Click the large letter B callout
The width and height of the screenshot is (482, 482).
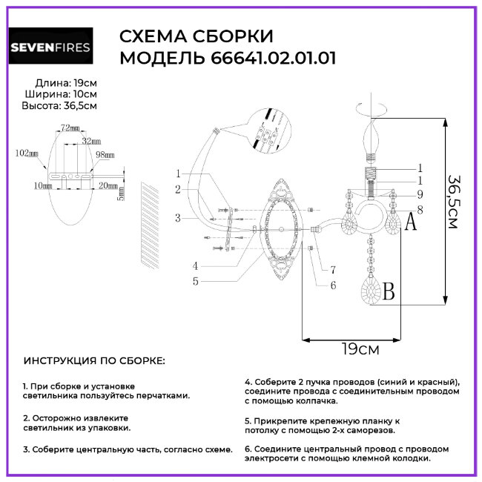coord(387,293)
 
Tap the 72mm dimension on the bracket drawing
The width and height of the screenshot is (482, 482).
coord(70,128)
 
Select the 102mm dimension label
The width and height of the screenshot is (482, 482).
coord(26,153)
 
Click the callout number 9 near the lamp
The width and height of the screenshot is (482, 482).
coord(419,194)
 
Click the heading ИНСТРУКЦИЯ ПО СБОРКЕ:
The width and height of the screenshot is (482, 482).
coord(95,360)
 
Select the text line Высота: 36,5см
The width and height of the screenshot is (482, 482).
coord(59,106)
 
